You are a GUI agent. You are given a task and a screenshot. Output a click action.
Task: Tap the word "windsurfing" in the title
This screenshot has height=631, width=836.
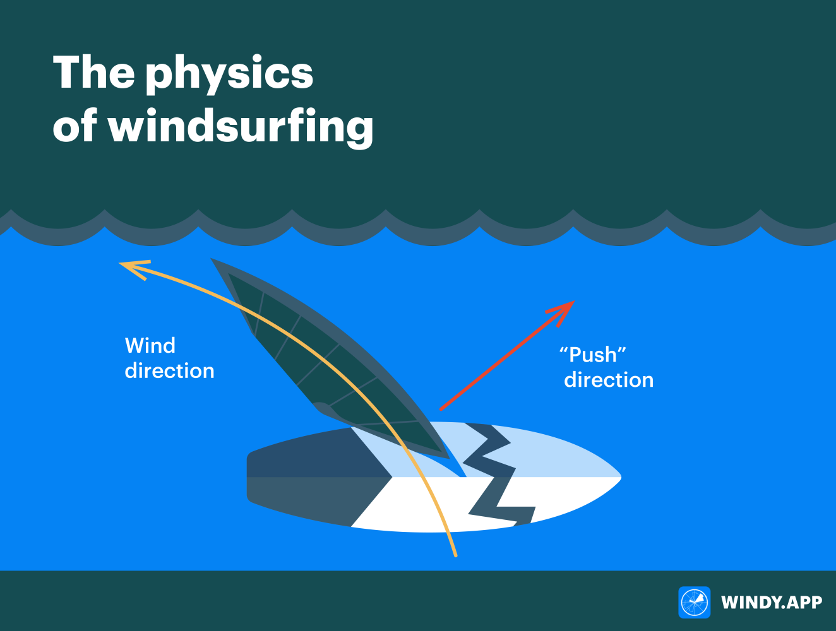click(x=241, y=127)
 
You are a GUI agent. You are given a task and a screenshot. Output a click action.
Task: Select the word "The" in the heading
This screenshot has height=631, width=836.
click(x=93, y=73)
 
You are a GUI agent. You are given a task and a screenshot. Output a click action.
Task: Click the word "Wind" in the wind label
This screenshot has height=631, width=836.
click(x=150, y=346)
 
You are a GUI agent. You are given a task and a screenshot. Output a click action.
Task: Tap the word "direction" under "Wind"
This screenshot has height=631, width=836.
click(x=169, y=371)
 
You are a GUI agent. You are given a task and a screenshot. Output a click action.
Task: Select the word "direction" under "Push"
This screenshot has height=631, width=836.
click(x=609, y=380)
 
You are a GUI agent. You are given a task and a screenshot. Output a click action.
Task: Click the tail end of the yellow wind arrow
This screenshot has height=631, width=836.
click(x=455, y=555)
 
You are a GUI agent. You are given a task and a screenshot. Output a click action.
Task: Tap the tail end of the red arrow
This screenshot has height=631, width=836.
click(x=441, y=409)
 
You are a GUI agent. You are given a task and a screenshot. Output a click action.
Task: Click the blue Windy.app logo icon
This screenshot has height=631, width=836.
click(x=694, y=602)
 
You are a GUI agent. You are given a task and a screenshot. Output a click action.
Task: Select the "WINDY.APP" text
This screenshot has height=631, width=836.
click(x=771, y=603)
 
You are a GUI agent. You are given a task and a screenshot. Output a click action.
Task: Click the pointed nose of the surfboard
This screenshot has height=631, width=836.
click(x=619, y=477)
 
